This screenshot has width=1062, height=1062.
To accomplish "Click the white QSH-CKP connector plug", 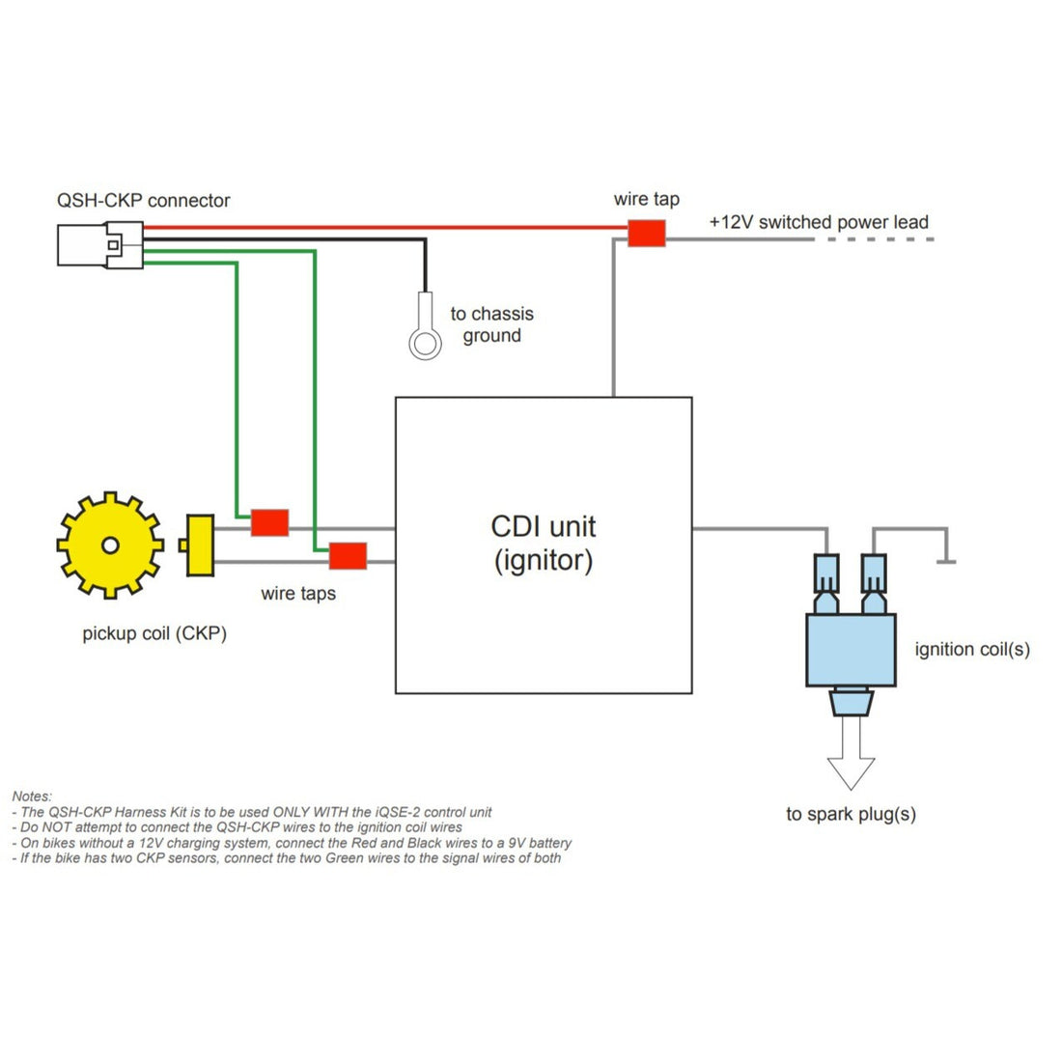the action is point(100,244).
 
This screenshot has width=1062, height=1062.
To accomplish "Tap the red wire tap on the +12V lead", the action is point(647,233).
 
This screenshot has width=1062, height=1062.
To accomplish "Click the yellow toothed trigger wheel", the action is point(110,545).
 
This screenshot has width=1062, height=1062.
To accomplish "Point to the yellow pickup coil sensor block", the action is point(198,545).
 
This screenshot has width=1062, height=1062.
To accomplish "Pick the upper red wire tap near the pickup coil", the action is point(270,523).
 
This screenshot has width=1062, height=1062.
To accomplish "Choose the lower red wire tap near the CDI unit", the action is point(349,556).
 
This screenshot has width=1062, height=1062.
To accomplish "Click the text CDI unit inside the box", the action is point(544,526).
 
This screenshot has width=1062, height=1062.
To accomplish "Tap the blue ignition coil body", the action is point(852,650).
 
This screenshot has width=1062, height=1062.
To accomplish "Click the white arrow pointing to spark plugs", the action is point(852,752).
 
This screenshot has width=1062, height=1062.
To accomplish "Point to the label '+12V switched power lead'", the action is point(819,222).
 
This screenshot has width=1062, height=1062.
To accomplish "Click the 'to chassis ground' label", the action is point(492,324).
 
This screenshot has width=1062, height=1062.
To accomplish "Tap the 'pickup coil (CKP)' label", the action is point(154,634).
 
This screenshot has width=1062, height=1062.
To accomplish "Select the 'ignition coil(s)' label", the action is point(972,650).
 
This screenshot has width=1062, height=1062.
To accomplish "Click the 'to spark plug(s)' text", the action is point(852,814).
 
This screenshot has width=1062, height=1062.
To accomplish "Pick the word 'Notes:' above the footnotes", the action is point(32,796).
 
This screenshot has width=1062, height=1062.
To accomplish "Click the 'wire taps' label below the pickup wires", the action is point(298,594).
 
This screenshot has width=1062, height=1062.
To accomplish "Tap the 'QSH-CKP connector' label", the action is point(144,201).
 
